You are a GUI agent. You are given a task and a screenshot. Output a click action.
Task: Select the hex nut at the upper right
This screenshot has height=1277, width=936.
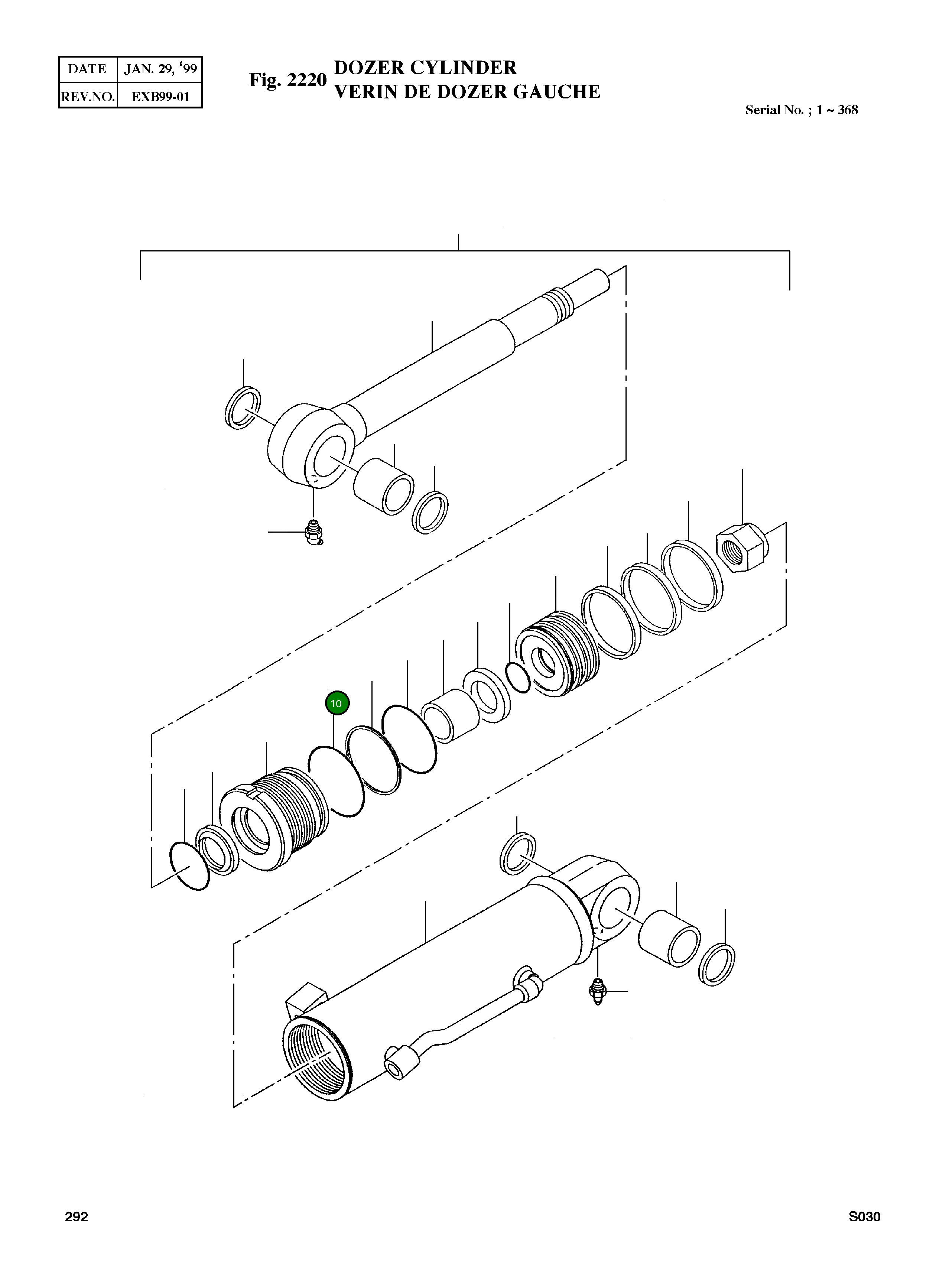click(x=741, y=547)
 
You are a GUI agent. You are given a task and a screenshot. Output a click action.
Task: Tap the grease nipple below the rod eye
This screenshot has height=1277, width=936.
click(x=313, y=533)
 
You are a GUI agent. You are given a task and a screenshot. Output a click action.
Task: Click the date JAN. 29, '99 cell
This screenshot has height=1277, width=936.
click(x=160, y=69)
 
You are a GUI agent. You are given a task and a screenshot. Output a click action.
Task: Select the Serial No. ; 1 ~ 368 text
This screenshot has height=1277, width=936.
click(x=801, y=110)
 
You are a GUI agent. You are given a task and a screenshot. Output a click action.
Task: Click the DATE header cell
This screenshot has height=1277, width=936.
click(x=87, y=69)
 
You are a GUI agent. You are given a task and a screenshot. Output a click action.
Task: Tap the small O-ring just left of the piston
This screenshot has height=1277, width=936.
click(x=518, y=678)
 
